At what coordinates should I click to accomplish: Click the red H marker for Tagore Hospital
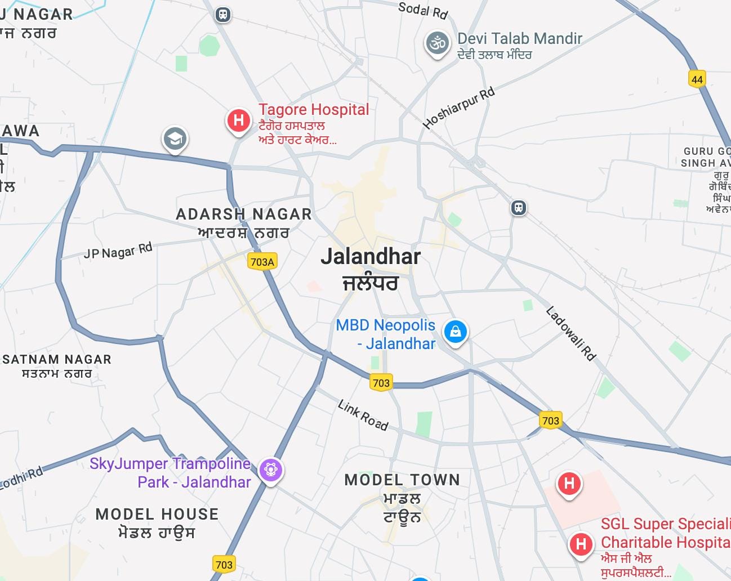click(238, 120)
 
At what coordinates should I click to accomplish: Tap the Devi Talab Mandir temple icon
click(437, 44)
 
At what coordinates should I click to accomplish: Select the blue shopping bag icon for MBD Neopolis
click(455, 331)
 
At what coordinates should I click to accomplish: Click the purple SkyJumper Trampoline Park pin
click(271, 469)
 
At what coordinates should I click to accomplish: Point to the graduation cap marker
click(175, 138)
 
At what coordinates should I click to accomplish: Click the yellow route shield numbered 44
click(697, 79)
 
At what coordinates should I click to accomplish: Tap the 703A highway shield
click(262, 261)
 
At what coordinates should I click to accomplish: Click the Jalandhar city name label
click(371, 257)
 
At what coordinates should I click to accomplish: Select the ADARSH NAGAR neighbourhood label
click(243, 214)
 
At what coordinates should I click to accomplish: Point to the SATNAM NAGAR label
click(57, 359)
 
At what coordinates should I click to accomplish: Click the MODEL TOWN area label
click(402, 480)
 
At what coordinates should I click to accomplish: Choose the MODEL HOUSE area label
click(157, 514)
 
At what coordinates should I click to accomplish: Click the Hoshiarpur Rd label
click(458, 108)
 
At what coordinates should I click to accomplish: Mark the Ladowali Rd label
click(570, 333)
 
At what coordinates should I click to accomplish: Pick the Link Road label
click(363, 415)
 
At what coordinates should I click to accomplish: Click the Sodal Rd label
click(422, 10)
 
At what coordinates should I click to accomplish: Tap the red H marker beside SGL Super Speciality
click(581, 544)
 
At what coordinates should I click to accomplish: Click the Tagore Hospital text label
click(314, 110)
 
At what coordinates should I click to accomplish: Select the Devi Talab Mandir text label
click(519, 39)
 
